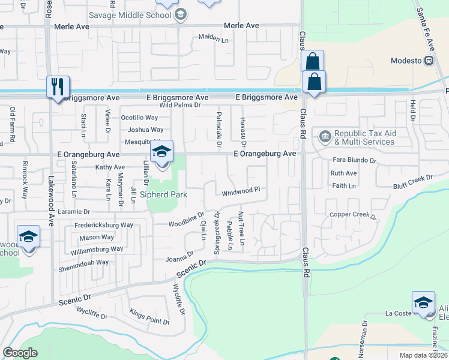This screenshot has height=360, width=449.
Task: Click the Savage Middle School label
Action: [x=130, y=15]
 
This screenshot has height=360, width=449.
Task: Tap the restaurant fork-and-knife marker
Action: [x=58, y=87]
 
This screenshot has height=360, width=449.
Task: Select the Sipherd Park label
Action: [x=163, y=194]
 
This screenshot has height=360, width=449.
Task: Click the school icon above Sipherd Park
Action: [x=161, y=152]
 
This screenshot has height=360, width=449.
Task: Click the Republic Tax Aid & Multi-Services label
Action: [x=364, y=137]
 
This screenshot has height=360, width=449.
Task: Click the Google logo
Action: [x=20, y=353]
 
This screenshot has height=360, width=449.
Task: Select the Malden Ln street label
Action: [x=214, y=37]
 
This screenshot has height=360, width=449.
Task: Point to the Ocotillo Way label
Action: [x=139, y=118]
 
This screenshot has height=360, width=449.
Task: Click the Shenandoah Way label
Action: [x=83, y=262]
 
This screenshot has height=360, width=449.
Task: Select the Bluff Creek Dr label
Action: [x=413, y=181]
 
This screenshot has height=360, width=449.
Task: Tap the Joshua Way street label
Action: [x=145, y=130]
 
